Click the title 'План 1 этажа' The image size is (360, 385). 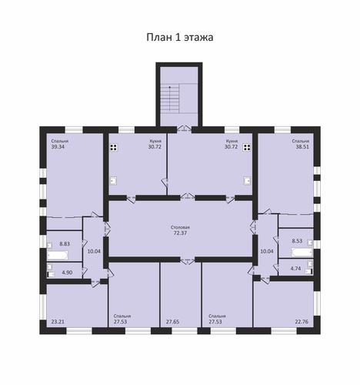(180, 37)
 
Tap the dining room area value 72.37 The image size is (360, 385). (180, 233)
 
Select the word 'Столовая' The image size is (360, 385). (180, 227)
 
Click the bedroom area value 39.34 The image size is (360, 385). (58, 147)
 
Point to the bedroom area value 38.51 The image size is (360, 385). (302, 147)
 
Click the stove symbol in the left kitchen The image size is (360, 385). (114, 147)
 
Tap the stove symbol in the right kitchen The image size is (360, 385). (247, 147)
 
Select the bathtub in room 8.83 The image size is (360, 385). (58, 255)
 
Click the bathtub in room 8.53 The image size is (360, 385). (302, 252)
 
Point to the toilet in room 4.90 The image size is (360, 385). (52, 275)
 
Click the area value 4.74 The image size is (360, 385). (295, 269)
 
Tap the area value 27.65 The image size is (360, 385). (172, 322)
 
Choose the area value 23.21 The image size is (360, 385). (58, 322)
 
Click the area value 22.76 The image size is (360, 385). (302, 322)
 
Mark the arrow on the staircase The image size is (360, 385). (170, 99)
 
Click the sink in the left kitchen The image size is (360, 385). (114, 181)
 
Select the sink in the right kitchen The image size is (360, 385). (247, 181)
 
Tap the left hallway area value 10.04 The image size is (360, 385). (94, 251)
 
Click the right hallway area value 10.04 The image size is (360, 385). (267, 251)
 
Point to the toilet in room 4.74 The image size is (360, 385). (309, 272)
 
